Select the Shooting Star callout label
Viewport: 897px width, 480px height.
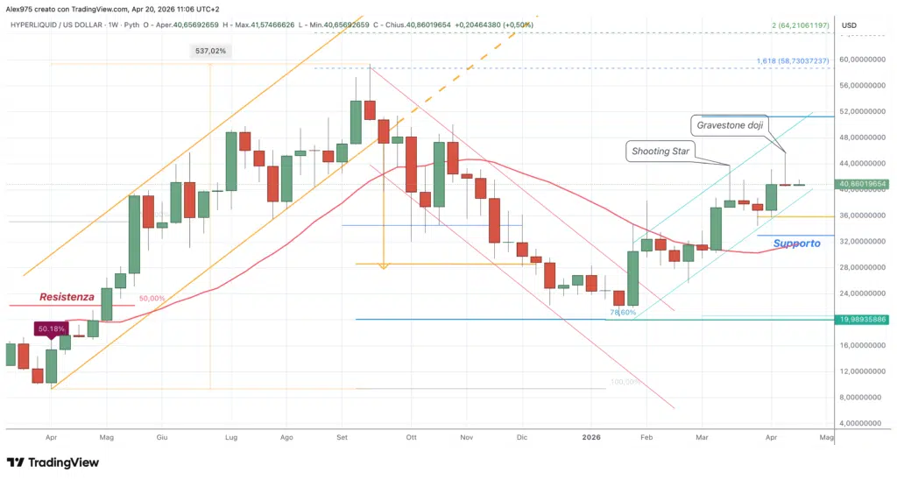[660, 152]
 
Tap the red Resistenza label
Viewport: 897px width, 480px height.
[67, 297]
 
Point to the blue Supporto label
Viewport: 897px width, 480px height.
[796, 243]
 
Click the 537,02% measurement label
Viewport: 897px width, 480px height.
[210, 51]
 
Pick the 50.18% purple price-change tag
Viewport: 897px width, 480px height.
[50, 329]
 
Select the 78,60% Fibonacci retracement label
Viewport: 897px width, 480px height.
[623, 312]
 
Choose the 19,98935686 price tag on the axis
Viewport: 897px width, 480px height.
[863, 320]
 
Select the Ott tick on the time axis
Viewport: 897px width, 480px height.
[411, 435]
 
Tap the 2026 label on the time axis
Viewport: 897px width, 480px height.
[592, 435]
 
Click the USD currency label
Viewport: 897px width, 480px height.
[849, 25]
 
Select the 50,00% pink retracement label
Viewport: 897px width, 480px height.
[152, 299]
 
